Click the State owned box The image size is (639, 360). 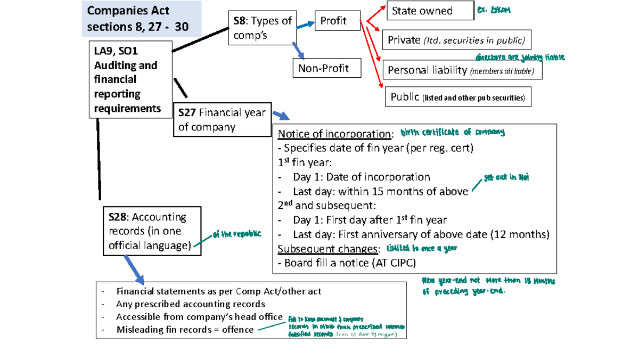(430, 11)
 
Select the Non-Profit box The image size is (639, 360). (327, 68)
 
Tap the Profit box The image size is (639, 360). (337, 21)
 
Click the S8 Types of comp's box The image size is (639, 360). (262, 28)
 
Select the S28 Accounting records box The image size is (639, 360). (152, 232)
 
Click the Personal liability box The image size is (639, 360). (462, 70)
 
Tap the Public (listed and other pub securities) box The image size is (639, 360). (457, 97)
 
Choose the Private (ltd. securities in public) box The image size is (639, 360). (456, 40)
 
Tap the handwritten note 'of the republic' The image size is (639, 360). (236, 235)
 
